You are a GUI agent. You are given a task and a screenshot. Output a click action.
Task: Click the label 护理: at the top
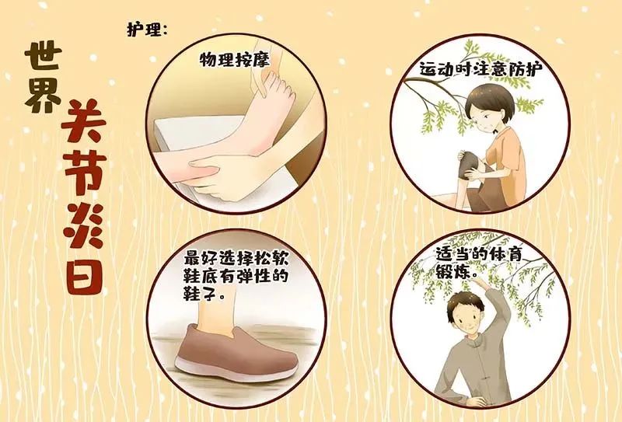pyautogui.click(x=147, y=29)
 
